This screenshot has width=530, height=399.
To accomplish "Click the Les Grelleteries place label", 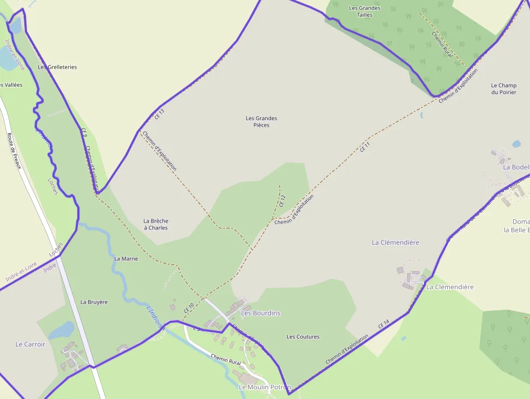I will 57,67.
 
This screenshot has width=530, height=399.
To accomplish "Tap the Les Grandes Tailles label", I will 365,11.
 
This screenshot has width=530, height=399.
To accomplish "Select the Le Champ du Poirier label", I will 504,89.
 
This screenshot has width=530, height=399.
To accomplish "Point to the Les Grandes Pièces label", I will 261,122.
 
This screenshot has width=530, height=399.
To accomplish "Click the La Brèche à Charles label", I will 156,224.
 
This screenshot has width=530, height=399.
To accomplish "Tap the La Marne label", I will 126,259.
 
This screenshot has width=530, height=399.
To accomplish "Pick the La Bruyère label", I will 94,302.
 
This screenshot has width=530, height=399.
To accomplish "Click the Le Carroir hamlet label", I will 30,344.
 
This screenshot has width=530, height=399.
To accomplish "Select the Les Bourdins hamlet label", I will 261,313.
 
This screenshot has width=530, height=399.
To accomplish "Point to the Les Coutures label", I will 303,337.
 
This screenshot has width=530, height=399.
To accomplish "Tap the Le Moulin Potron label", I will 264,387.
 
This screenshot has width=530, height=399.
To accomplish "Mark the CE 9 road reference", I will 84,132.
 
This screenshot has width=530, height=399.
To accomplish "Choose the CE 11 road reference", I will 366,146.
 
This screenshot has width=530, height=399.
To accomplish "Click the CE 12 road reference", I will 282,201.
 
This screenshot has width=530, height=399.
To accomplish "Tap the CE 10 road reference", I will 189,309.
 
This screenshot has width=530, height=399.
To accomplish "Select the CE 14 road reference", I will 383,325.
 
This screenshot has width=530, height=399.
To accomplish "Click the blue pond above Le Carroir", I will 63,330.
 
